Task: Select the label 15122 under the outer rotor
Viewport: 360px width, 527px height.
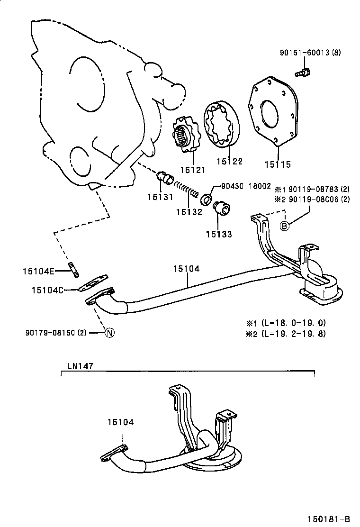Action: (229, 161)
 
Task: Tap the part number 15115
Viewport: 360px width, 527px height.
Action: (278, 164)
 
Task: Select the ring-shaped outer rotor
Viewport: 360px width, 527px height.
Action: (222, 125)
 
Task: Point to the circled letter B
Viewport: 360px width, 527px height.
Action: (284, 226)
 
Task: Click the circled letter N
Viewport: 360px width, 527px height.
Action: (108, 332)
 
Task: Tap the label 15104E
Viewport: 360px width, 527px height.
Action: (38, 271)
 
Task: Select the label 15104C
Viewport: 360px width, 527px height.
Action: (47, 289)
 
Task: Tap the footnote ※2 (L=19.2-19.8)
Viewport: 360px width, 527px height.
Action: (285, 333)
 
